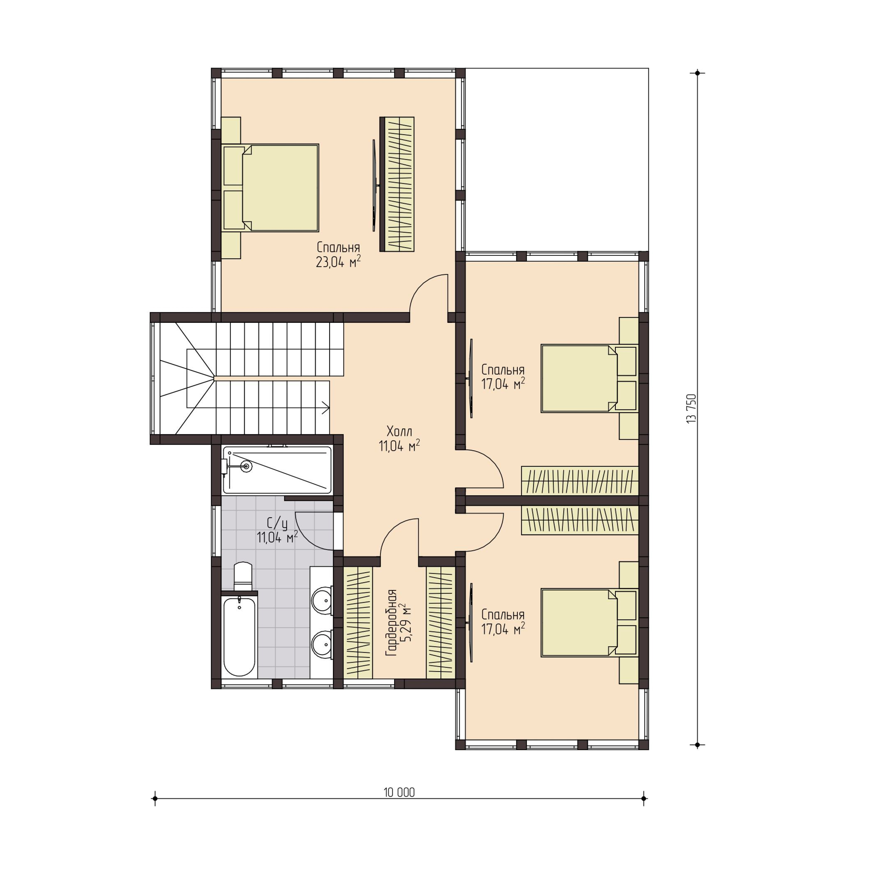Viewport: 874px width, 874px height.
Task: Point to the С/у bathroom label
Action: pyautogui.click(x=277, y=523)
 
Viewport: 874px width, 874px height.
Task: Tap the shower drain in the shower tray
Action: pyautogui.click(x=246, y=466)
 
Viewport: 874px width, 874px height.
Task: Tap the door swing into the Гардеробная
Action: pyautogui.click(x=398, y=538)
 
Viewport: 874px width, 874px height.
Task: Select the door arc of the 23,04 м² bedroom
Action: pyautogui.click(x=427, y=292)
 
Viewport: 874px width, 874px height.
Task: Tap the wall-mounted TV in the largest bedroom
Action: pyautogui.click(x=374, y=185)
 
